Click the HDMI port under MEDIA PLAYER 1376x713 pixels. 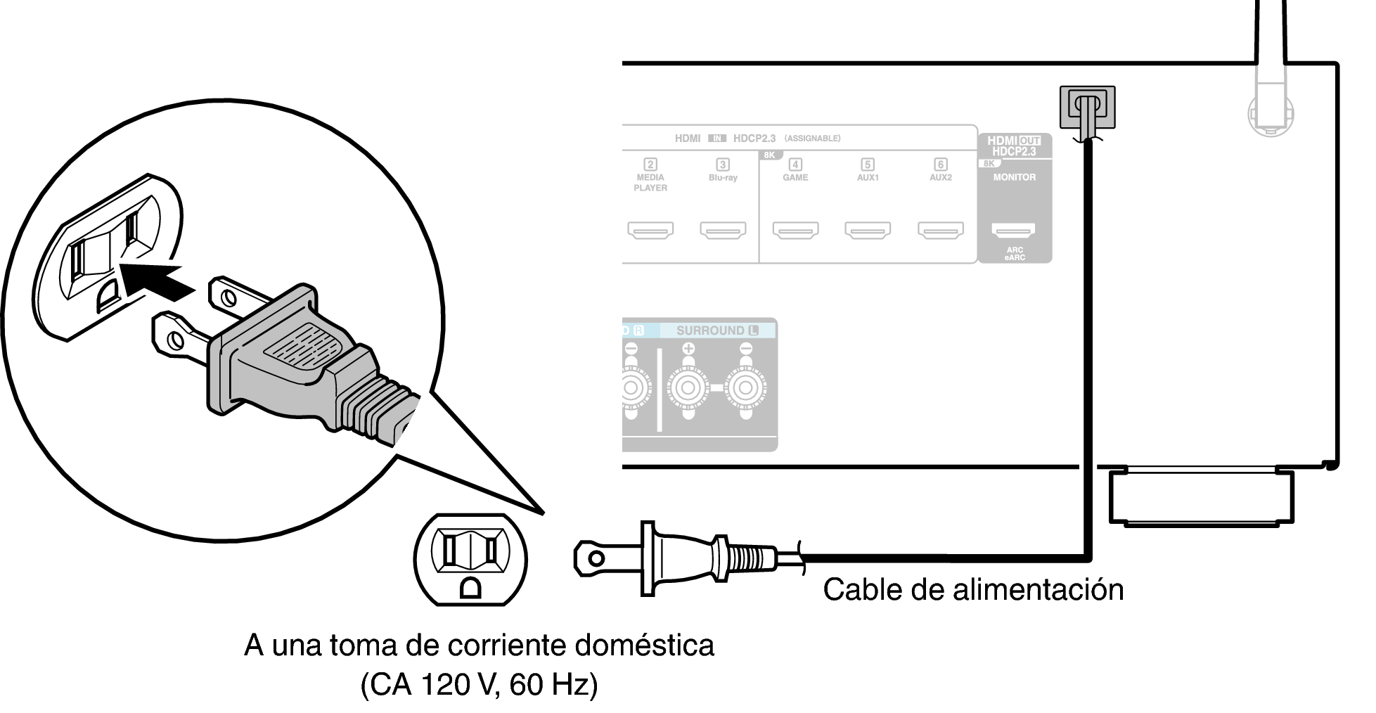tap(650, 231)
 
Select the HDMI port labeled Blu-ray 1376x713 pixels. tap(723, 231)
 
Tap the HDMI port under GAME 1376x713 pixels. tap(795, 231)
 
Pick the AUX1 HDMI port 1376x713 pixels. tap(868, 231)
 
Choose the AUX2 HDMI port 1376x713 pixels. tap(941, 231)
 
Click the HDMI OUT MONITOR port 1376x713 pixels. tap(1013, 231)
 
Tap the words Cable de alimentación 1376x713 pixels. tap(973, 589)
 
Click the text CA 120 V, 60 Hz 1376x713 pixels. tap(479, 684)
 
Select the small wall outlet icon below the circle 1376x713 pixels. tap(470, 560)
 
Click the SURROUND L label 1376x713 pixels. tap(717, 330)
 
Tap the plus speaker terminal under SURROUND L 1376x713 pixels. tap(688, 387)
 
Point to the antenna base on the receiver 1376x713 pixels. tap(1271, 113)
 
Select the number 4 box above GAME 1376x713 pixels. tap(795, 165)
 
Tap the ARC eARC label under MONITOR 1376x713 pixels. tap(1015, 254)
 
